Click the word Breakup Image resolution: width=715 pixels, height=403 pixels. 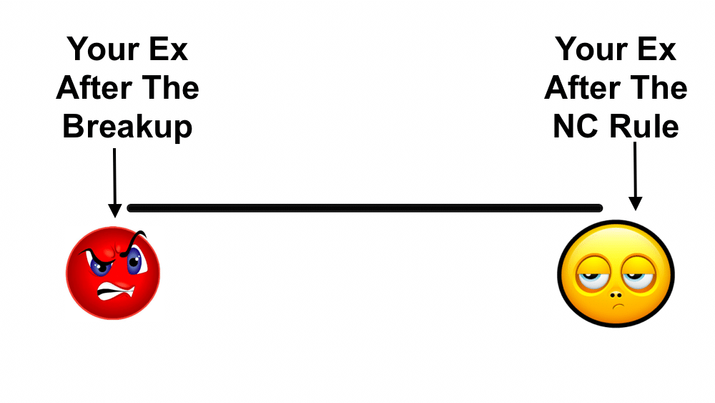[x=127, y=127]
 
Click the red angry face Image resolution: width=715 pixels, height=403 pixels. [x=113, y=273]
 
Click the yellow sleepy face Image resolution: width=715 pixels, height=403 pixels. [x=616, y=273]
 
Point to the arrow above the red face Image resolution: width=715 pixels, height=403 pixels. [x=114, y=183]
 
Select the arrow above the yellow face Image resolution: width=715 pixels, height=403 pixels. [x=635, y=176]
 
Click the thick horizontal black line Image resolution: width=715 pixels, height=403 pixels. [x=365, y=208]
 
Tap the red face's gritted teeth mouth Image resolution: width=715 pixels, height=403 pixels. [x=116, y=291]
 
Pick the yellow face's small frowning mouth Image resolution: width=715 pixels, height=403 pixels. [x=618, y=306]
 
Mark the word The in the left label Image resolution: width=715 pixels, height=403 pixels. [x=170, y=87]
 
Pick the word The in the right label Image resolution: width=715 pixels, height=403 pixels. [x=659, y=87]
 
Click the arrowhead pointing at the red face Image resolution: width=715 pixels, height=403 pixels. [x=114, y=211]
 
